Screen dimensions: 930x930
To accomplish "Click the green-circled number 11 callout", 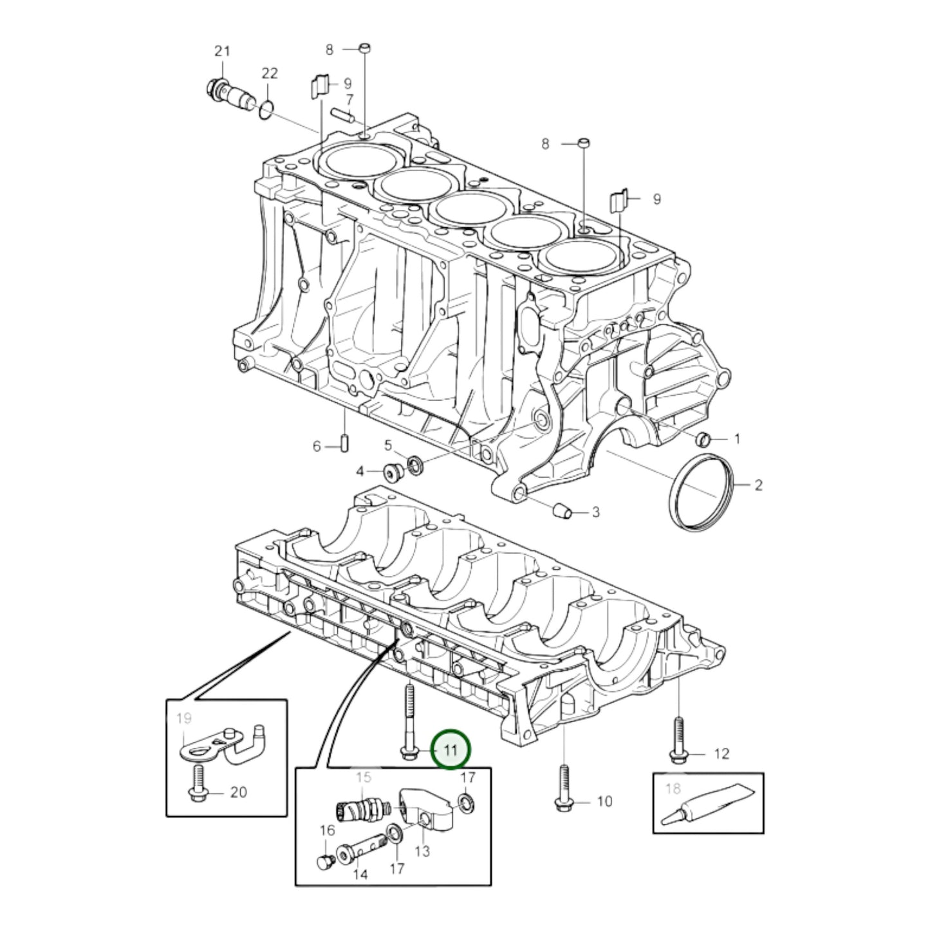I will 451,750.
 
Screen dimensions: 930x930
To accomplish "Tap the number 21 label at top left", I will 221,51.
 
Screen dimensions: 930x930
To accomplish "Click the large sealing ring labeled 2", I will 702,492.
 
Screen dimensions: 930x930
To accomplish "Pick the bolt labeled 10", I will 563,788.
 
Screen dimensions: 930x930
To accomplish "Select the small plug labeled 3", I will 564,510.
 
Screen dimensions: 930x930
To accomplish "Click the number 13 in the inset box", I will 422,851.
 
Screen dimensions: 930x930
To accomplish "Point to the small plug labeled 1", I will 704,439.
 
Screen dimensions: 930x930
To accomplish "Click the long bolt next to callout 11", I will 409,724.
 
